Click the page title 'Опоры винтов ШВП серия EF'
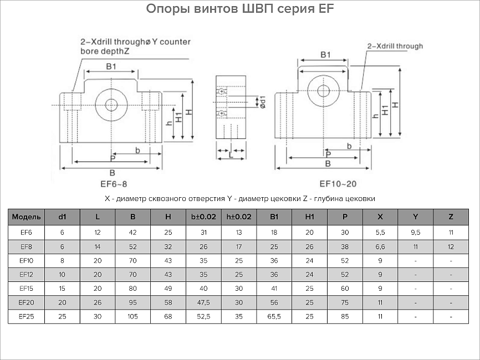240,9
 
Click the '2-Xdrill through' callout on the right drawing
395,47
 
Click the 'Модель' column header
26,217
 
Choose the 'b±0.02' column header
203,217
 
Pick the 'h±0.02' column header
238,217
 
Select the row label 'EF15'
26,288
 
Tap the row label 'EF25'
26,317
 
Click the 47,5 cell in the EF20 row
203,302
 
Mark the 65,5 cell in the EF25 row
273,317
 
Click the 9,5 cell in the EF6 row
415,231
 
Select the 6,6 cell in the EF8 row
380,245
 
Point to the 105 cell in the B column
132,317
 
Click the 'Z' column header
451,217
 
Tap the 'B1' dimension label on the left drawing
111,66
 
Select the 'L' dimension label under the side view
230,157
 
